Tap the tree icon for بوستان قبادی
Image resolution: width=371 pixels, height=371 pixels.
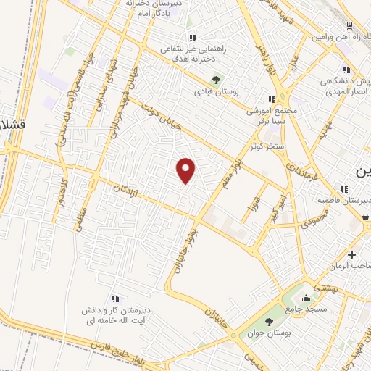pyautogui.click(x=215, y=80)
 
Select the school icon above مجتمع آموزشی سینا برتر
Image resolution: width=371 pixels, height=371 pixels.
pyautogui.click(x=272, y=99)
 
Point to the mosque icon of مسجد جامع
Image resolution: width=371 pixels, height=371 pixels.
pyautogui.click(x=306, y=297)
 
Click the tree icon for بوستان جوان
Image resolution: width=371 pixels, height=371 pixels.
pyautogui.click(x=269, y=322)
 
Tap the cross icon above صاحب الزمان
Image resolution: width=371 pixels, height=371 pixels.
pyautogui.click(x=351, y=254)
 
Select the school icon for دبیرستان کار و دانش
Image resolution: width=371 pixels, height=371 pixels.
pyautogui.click(x=114, y=298)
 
